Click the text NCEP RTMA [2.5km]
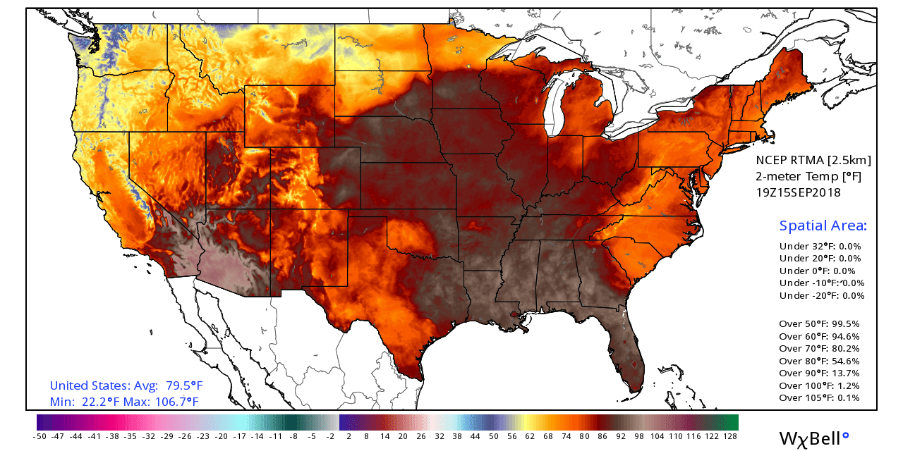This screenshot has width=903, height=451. [x=813, y=160]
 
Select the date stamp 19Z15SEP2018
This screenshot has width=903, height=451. [x=798, y=192]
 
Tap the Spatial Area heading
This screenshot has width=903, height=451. [x=823, y=226]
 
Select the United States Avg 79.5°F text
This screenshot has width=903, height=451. [x=126, y=386]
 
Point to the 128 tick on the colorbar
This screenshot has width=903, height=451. [x=730, y=436]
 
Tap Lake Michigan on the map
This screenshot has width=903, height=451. [x=557, y=106]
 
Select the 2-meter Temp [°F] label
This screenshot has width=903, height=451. [x=808, y=176]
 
